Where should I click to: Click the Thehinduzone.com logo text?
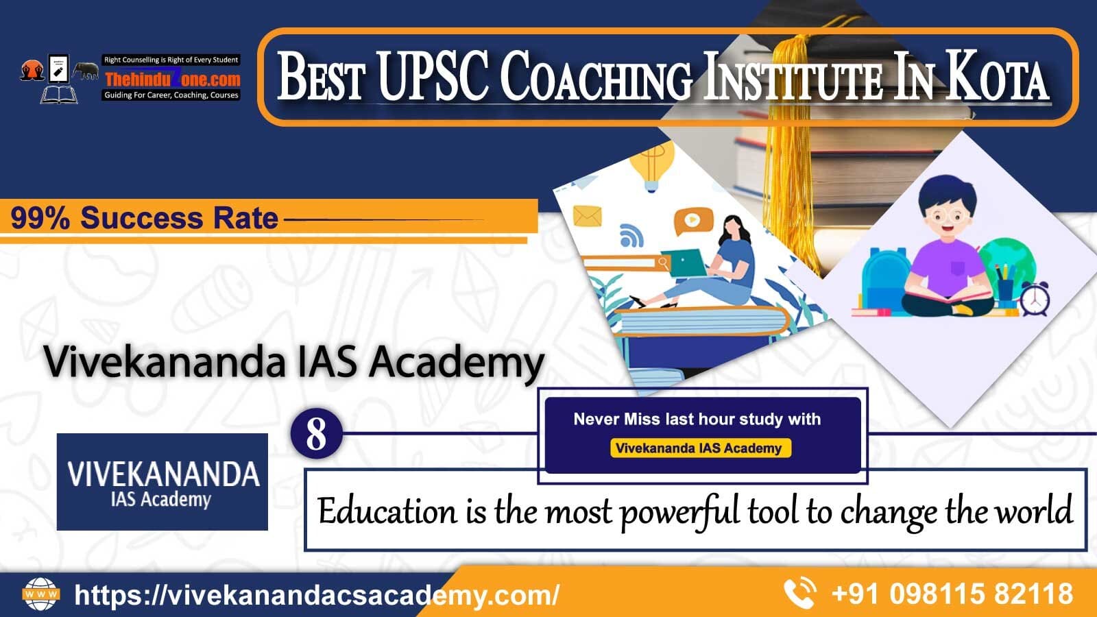[x=172, y=79]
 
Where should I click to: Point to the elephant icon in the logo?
[x=86, y=71]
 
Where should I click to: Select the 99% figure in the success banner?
[x=40, y=218]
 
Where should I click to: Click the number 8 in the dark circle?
[x=316, y=434]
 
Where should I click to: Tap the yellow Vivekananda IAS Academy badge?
[x=700, y=448]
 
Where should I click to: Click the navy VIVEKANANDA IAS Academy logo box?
[x=162, y=482]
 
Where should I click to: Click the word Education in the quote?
[x=387, y=511]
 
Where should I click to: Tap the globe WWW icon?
[x=41, y=594]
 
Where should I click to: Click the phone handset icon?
[x=799, y=594]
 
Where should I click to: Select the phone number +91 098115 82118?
[x=952, y=594]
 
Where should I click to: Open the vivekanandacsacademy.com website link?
[x=316, y=595]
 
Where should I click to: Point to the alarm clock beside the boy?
[x=1034, y=298]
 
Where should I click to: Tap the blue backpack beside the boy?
[x=884, y=278]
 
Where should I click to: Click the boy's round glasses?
[x=947, y=216]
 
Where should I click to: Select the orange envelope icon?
[x=587, y=216]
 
